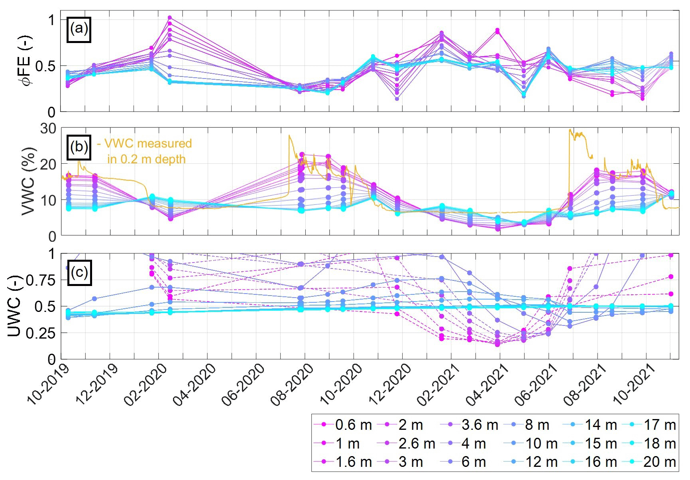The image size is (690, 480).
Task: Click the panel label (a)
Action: point(79,29)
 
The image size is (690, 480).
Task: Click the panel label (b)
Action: point(79,147)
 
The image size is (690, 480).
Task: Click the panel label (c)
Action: point(79,272)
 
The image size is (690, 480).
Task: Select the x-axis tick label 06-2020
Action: point(244,384)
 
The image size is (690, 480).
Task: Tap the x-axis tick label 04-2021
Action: point(488,384)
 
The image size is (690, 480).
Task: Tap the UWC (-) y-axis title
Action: point(14,307)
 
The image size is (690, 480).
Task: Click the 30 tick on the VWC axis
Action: point(48,129)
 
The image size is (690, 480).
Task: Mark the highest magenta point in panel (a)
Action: point(170,18)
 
